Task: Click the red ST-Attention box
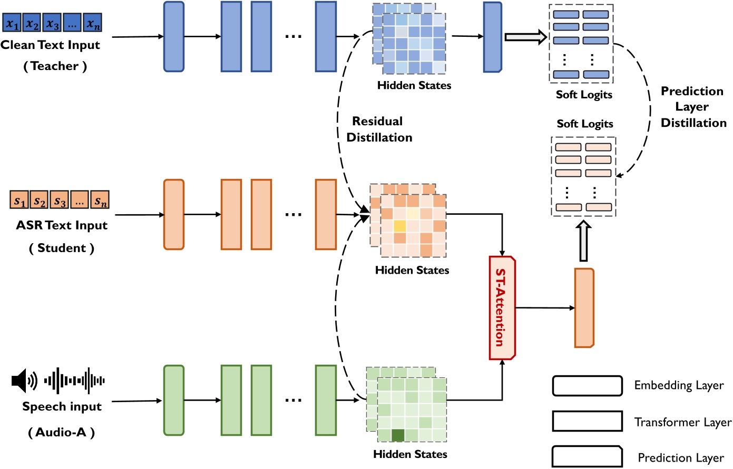[x=502, y=307]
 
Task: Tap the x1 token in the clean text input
[x=12, y=23]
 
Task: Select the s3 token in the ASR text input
[x=60, y=201]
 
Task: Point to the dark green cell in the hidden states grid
[x=398, y=435]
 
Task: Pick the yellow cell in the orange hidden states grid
[x=399, y=226]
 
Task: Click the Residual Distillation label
[x=379, y=129]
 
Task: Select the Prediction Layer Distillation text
[x=693, y=107]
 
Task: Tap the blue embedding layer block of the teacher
[x=174, y=36]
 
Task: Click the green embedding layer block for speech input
[x=174, y=400]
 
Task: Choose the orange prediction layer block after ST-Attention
[x=584, y=308]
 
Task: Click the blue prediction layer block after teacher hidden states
[x=493, y=37]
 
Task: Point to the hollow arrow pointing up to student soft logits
[x=583, y=241]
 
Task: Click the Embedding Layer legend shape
[x=587, y=386]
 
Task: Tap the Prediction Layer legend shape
[x=587, y=456]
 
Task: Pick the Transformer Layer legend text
[x=682, y=422]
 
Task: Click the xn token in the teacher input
[x=93, y=23]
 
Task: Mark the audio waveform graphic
[x=74, y=380]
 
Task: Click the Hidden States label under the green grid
[x=410, y=454]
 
